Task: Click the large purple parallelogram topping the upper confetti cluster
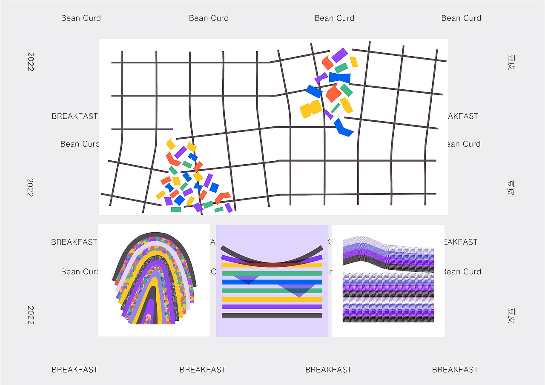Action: coord(339,55)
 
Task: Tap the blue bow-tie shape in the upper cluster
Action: coord(340,78)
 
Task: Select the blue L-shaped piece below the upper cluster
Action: coord(343,128)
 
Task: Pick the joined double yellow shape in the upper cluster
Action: coord(311,109)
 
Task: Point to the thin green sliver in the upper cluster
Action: coord(336,108)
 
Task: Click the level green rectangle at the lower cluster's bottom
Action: coord(176,209)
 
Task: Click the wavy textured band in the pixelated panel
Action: coord(388,256)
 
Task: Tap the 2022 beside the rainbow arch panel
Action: coord(30,315)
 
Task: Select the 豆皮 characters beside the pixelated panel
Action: coord(511,315)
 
